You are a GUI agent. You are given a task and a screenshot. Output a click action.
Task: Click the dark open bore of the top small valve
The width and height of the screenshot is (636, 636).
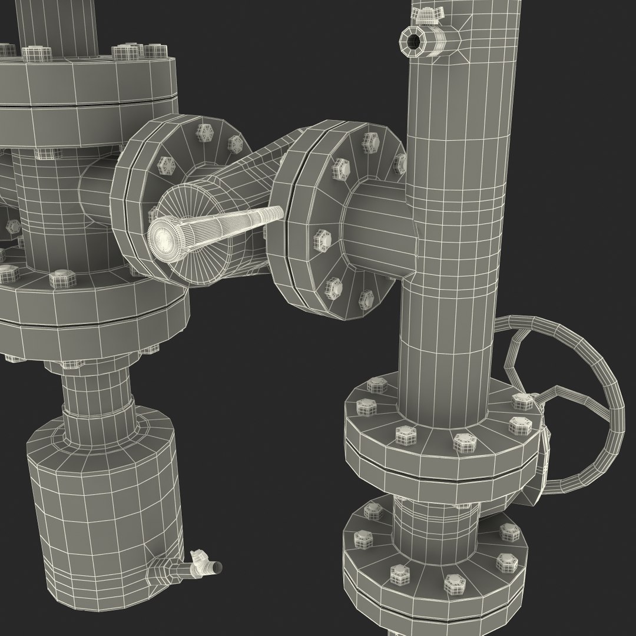[x=413, y=41]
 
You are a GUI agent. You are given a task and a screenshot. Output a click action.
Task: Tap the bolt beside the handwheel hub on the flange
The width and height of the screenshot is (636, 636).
[x=521, y=402]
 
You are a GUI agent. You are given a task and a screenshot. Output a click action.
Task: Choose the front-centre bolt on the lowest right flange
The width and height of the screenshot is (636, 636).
[x=454, y=583]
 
